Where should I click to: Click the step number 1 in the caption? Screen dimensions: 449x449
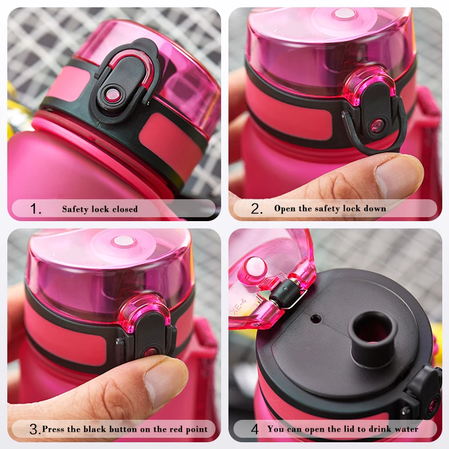[36, 209]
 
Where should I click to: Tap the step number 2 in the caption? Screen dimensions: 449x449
[256, 209]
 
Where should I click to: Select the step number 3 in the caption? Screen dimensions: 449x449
[34, 429]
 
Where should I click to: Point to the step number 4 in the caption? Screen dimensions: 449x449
[255, 429]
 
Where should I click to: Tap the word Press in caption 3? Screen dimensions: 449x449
[54, 429]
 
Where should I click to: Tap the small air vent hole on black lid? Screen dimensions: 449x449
[316, 319]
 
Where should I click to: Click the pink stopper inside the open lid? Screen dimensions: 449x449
[254, 268]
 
